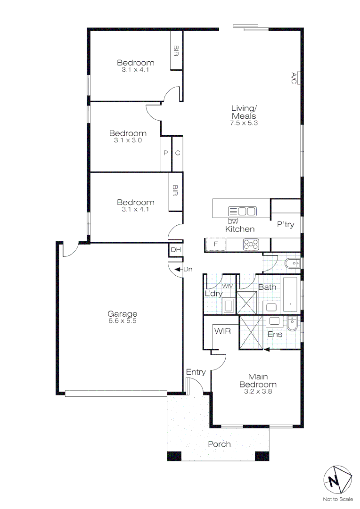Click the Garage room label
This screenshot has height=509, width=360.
[x=122, y=314]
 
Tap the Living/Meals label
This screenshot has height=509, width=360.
[x=244, y=112]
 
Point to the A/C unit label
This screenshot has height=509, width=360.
[x=293, y=78]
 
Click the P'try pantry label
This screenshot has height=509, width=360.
[x=286, y=224]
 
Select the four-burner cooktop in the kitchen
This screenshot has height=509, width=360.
[x=250, y=245]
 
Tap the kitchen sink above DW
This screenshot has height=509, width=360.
[x=242, y=211]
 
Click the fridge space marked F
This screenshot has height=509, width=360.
[x=215, y=245]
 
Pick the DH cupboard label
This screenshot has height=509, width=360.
[x=175, y=250]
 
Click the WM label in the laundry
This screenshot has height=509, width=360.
[x=228, y=286]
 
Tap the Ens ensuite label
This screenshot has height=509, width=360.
[x=275, y=334]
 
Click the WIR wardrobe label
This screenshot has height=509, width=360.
[x=222, y=331]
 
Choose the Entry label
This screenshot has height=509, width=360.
[x=196, y=372]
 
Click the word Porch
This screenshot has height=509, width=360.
[x=219, y=444]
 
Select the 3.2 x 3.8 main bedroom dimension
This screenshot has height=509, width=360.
[x=258, y=391]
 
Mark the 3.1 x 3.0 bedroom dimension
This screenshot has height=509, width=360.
[x=128, y=140]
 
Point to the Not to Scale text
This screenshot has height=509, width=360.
[x=337, y=499]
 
